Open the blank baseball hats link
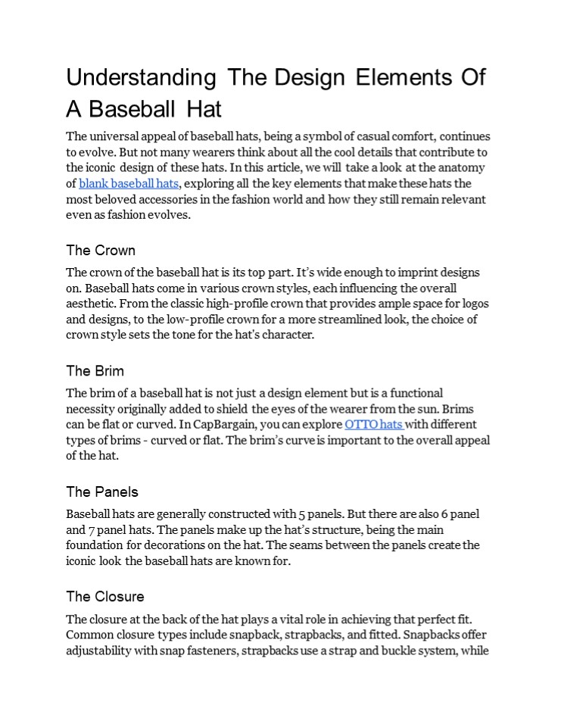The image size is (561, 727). click(129, 183)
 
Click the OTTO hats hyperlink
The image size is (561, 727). click(373, 424)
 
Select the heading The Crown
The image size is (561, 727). click(101, 250)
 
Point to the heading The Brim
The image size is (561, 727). click(95, 371)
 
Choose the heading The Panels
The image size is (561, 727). click(102, 492)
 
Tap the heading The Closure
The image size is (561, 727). click(105, 596)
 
